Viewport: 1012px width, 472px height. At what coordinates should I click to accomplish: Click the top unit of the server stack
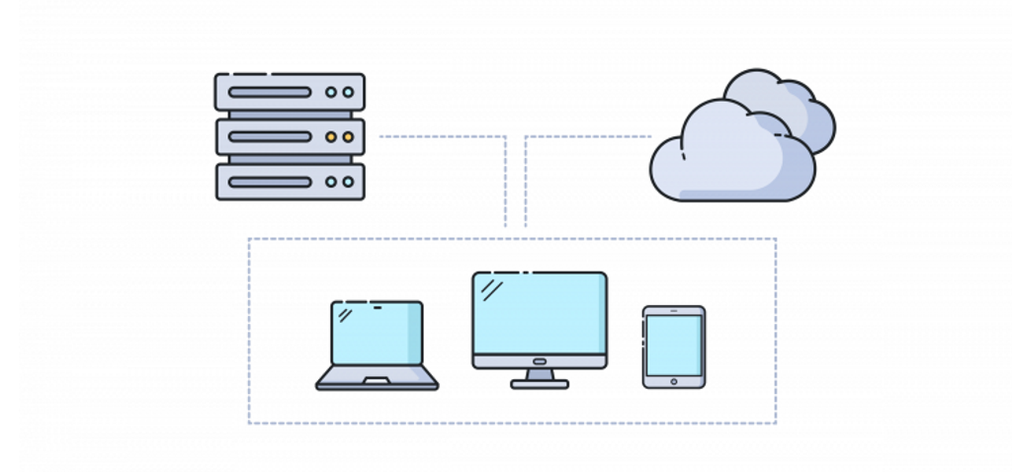(290, 92)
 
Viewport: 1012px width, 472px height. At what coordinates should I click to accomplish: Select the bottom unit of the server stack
(290, 182)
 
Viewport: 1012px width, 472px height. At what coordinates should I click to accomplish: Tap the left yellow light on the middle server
(331, 137)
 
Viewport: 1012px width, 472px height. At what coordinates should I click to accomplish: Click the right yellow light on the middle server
(347, 137)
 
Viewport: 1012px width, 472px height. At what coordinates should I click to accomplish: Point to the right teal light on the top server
(347, 92)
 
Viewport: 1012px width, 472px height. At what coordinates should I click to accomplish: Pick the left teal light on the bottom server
(331, 182)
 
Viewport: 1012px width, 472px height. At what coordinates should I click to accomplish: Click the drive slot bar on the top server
(269, 92)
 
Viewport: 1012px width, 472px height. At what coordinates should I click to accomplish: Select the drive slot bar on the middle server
(269, 137)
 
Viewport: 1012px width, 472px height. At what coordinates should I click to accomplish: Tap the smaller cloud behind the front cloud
(801, 104)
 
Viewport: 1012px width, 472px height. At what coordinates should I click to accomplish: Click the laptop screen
(377, 334)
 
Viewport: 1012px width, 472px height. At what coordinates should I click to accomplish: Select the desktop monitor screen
(540, 312)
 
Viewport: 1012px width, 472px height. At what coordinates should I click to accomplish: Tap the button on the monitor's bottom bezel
(540, 361)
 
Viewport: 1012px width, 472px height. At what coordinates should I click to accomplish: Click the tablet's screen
(674, 345)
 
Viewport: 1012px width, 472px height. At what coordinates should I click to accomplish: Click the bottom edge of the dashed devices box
(512, 423)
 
